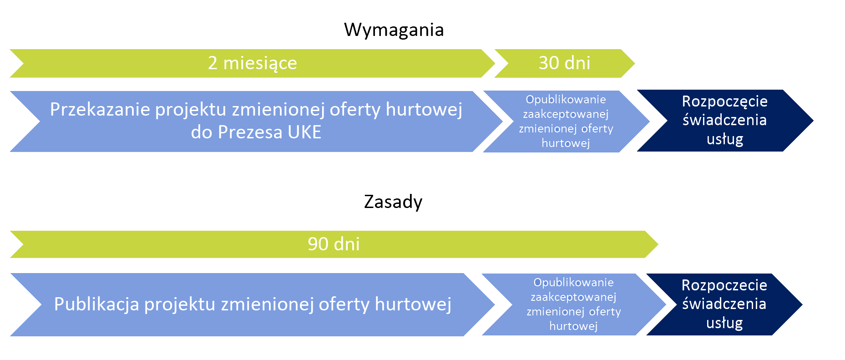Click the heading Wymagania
[x=394, y=30]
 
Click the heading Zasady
[x=393, y=202]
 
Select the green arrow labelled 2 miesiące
[x=253, y=63]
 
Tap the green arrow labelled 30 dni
[x=565, y=63]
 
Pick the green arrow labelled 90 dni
[x=334, y=244]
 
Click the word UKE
[x=304, y=132]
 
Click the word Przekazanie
[x=100, y=110]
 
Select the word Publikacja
[x=96, y=304]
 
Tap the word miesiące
[x=260, y=63]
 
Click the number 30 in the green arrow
[x=549, y=63]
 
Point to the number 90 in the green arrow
[x=318, y=244]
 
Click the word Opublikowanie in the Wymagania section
[x=566, y=100]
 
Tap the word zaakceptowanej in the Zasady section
[x=573, y=297]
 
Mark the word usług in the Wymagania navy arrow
[x=725, y=139]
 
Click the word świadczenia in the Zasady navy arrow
[x=724, y=304]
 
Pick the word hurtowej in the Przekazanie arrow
[x=424, y=110]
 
